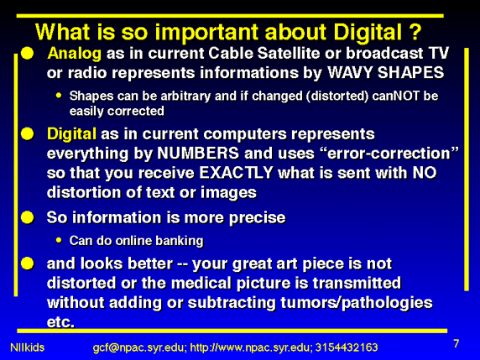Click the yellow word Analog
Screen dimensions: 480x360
[x=75, y=54]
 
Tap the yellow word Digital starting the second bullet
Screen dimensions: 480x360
[x=71, y=135]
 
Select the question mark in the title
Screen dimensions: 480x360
[x=415, y=32]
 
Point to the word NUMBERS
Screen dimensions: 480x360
[x=198, y=153]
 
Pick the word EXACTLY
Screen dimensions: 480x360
[x=236, y=173]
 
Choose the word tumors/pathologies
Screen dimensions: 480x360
[x=357, y=303]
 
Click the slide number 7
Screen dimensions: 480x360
[x=457, y=343]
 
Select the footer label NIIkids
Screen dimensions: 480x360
[x=27, y=347]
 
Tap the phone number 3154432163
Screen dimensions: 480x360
[x=347, y=347]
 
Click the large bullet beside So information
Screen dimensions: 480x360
[x=27, y=217]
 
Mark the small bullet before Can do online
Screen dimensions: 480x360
[x=59, y=240]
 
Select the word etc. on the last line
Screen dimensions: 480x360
[x=60, y=322]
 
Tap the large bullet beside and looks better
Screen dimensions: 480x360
[x=27, y=263]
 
